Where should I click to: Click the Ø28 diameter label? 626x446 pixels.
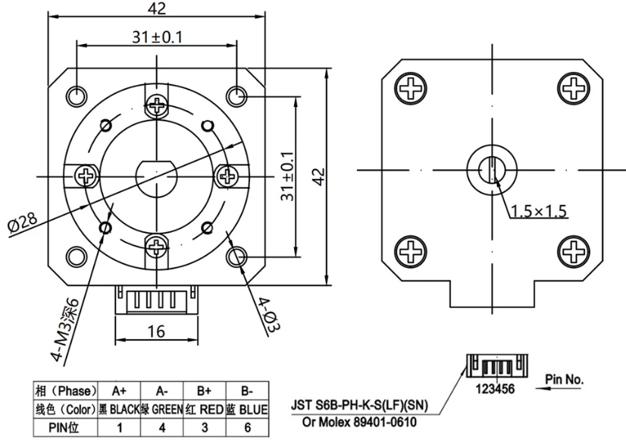tap(23, 223)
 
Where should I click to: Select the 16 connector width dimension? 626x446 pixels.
tap(156, 331)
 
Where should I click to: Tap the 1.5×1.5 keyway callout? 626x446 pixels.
tap(539, 211)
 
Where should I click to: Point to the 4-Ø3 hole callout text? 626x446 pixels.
tap(268, 315)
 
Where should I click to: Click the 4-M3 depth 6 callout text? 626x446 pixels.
tap(66, 331)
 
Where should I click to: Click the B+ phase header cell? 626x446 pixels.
tap(205, 391)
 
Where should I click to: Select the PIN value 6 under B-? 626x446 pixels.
tap(247, 428)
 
